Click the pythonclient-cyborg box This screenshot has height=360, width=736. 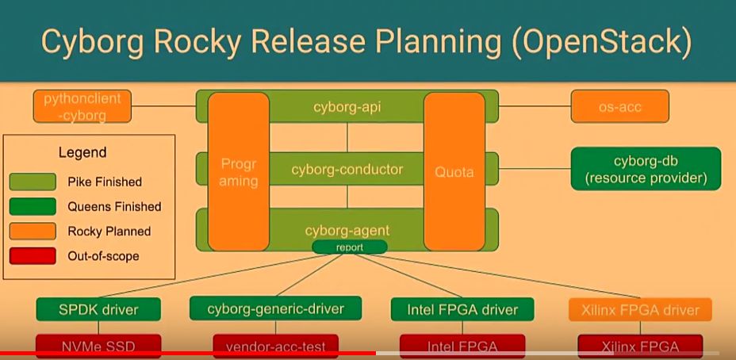82,106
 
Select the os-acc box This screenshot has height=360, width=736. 619,106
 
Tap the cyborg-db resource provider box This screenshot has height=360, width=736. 646,169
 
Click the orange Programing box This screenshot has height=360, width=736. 239,171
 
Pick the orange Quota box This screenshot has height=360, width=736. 454,171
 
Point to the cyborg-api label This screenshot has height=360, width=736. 347,106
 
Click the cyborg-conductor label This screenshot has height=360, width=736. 347,169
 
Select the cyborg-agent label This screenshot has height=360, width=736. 347,231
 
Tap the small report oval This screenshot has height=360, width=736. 348,247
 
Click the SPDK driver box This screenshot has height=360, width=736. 98,309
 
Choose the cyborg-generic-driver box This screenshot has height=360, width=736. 275,308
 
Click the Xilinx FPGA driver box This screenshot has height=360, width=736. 640,309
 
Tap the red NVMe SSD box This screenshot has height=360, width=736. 98,346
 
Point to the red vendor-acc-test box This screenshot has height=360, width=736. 275,346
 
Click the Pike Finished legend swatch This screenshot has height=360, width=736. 33,182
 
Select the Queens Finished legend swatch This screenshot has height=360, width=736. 33,206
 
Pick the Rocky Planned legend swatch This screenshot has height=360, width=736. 33,231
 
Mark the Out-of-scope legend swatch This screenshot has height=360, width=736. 33,255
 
